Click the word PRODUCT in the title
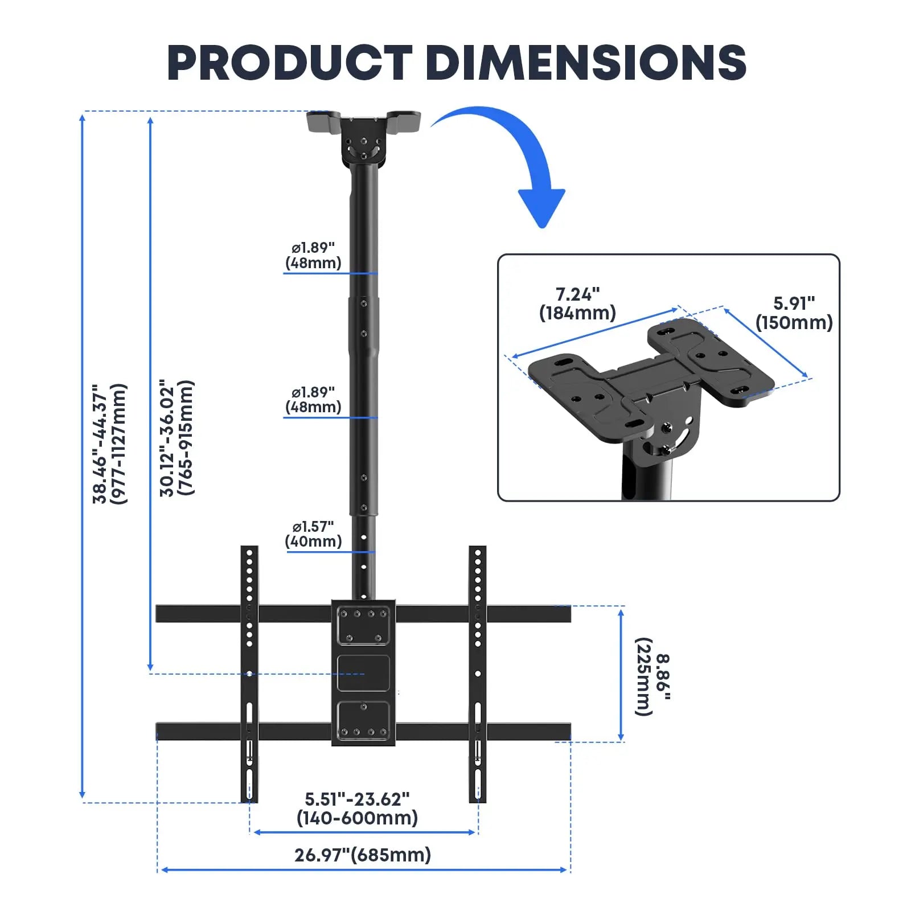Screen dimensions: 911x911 pos(289,63)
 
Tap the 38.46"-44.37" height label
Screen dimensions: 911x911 pos(109,444)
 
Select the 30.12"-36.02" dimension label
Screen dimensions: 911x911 pos(177,438)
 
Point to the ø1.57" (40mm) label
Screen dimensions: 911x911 pos(313,534)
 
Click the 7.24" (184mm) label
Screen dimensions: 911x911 pos(577,304)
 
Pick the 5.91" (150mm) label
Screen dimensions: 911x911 pos(794,313)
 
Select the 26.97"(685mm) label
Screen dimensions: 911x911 pos(363,855)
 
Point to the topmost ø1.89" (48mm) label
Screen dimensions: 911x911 pos(313,255)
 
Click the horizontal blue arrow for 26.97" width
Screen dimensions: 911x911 pos(364,869)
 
